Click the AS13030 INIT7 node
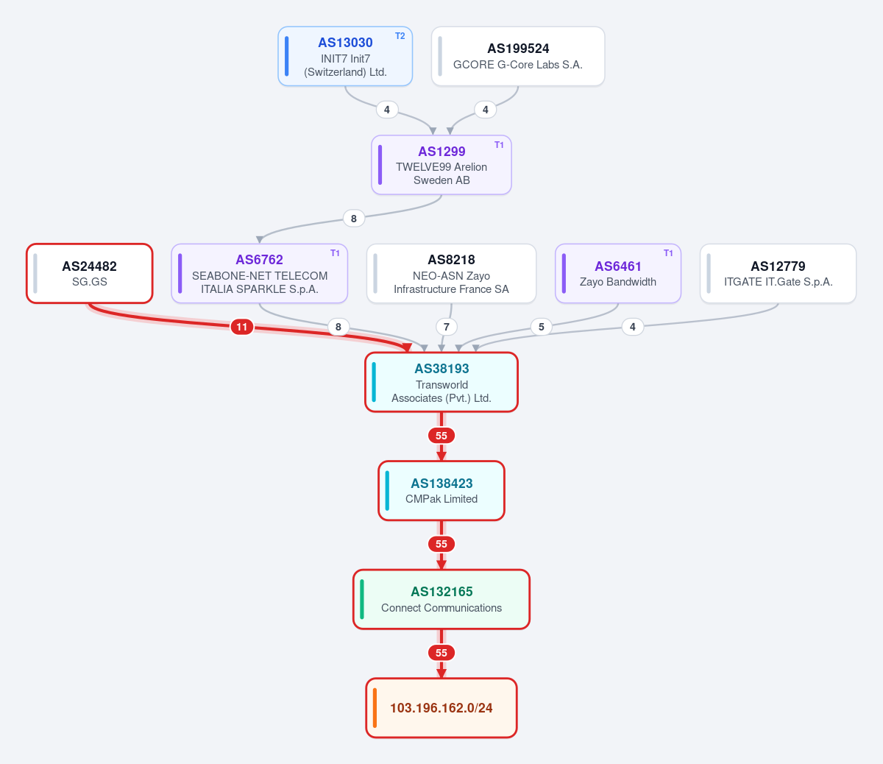345,57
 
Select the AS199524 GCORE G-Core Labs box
518,57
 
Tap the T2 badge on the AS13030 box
400,36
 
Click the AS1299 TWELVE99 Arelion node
441,165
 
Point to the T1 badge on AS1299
499,145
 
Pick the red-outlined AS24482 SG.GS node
89,274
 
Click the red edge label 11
242,327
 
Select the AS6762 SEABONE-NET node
259,274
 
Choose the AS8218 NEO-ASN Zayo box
451,274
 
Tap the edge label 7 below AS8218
447,327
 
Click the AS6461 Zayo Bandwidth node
617,274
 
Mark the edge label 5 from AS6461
542,327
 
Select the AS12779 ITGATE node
778,274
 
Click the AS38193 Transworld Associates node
441,383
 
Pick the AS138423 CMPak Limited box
441,490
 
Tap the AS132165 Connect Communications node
441,599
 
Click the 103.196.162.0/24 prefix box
441,708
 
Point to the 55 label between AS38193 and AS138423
441,436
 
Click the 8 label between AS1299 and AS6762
354,219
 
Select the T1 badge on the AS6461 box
668,253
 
